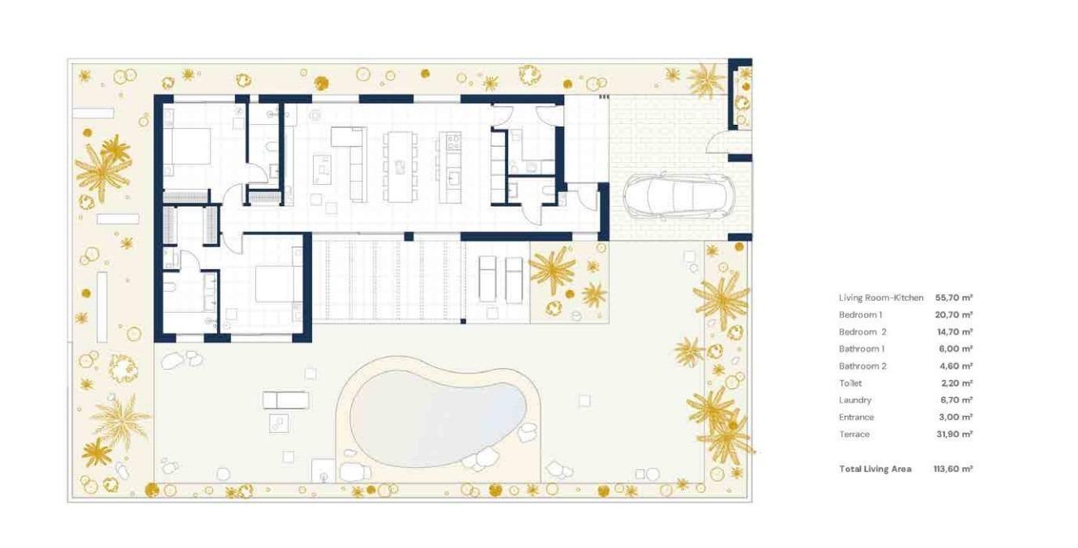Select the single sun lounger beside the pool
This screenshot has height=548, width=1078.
click(x=285, y=400)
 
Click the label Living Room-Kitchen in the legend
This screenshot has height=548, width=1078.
click(x=881, y=298)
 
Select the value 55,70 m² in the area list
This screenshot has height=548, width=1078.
click(x=954, y=298)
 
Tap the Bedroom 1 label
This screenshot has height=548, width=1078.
click(x=860, y=315)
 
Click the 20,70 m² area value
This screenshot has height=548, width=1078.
click(x=954, y=315)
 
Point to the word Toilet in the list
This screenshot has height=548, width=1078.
click(x=850, y=383)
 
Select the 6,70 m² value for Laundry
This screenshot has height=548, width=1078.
click(x=954, y=400)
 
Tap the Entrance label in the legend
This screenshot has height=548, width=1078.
click(x=856, y=417)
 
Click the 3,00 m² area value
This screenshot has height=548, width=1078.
click(x=954, y=417)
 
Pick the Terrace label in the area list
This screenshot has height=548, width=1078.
click(x=854, y=434)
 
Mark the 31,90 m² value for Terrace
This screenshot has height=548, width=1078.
click(x=954, y=434)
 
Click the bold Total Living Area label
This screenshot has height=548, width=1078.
click(x=875, y=469)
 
